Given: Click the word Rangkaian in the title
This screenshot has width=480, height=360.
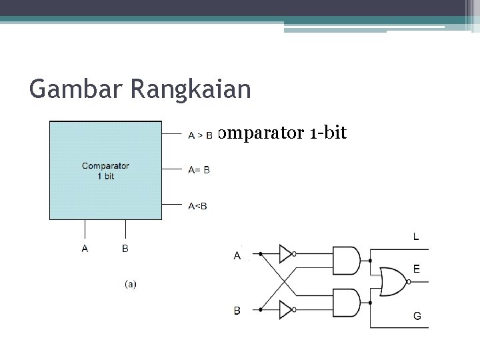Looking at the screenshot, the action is [x=191, y=89].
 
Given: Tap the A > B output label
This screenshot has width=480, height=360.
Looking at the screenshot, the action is [x=200, y=135].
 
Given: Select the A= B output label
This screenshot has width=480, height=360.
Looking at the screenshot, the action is [x=199, y=170].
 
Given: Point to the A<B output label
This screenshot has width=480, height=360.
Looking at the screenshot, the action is [x=197, y=205].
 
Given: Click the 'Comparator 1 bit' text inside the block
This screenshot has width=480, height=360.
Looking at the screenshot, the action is [x=105, y=171].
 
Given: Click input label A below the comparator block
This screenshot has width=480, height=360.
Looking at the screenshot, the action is [x=85, y=249].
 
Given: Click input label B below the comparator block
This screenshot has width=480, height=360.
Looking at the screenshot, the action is [x=125, y=249].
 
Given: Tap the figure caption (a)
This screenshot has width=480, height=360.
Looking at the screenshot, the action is [x=131, y=284].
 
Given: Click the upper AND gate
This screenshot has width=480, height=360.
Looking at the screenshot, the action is [x=346, y=261].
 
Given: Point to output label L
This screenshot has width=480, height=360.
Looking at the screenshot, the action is [x=416, y=236].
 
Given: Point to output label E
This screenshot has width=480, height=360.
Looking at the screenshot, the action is [x=416, y=269].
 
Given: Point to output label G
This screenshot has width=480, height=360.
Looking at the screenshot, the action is [x=417, y=316].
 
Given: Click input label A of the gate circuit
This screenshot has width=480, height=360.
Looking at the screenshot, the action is [x=237, y=255].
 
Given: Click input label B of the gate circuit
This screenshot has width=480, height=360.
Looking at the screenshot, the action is [x=237, y=310].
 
